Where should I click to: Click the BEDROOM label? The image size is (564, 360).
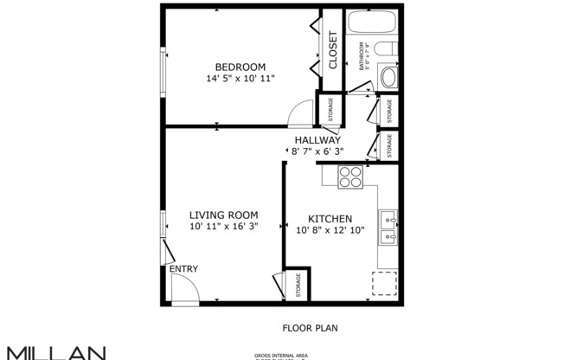240,67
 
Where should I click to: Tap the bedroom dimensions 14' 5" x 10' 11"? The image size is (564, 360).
240,79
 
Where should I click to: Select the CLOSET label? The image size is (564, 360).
332,50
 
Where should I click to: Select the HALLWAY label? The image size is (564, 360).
317,140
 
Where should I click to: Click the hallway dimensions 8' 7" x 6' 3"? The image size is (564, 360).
317,151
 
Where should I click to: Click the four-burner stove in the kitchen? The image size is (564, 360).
349,176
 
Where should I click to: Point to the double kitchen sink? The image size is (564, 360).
388,227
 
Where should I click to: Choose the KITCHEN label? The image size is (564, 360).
330,219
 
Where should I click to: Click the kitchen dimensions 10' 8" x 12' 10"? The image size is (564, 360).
330,231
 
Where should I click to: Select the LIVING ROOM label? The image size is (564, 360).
223,215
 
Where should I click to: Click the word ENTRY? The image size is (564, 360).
183,269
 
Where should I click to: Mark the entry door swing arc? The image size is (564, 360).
184,290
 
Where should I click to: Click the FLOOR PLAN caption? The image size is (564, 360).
309,328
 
